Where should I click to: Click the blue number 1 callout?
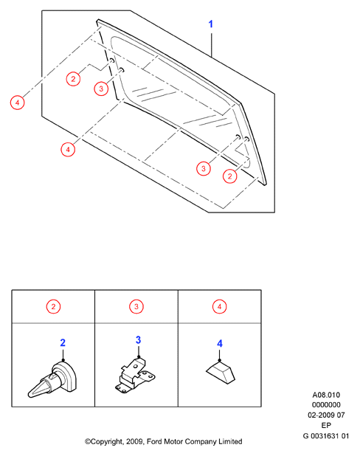[211, 24]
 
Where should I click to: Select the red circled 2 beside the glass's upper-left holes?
[73, 79]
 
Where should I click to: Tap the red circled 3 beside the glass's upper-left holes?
[101, 89]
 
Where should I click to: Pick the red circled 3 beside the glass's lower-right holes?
[204, 169]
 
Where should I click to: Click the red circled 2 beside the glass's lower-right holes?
[229, 176]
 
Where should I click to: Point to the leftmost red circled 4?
[17, 103]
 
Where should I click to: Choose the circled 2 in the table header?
[53, 306]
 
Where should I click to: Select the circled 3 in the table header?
[136, 306]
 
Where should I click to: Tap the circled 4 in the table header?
[219, 306]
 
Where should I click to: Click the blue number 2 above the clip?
[63, 342]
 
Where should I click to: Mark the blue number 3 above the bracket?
[138, 339]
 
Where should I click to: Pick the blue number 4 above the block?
[220, 343]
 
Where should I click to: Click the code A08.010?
[326, 395]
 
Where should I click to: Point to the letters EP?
[326, 425]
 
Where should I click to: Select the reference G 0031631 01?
[325, 436]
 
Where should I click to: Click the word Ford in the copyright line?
[154, 441]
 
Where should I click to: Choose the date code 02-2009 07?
[326, 415]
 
